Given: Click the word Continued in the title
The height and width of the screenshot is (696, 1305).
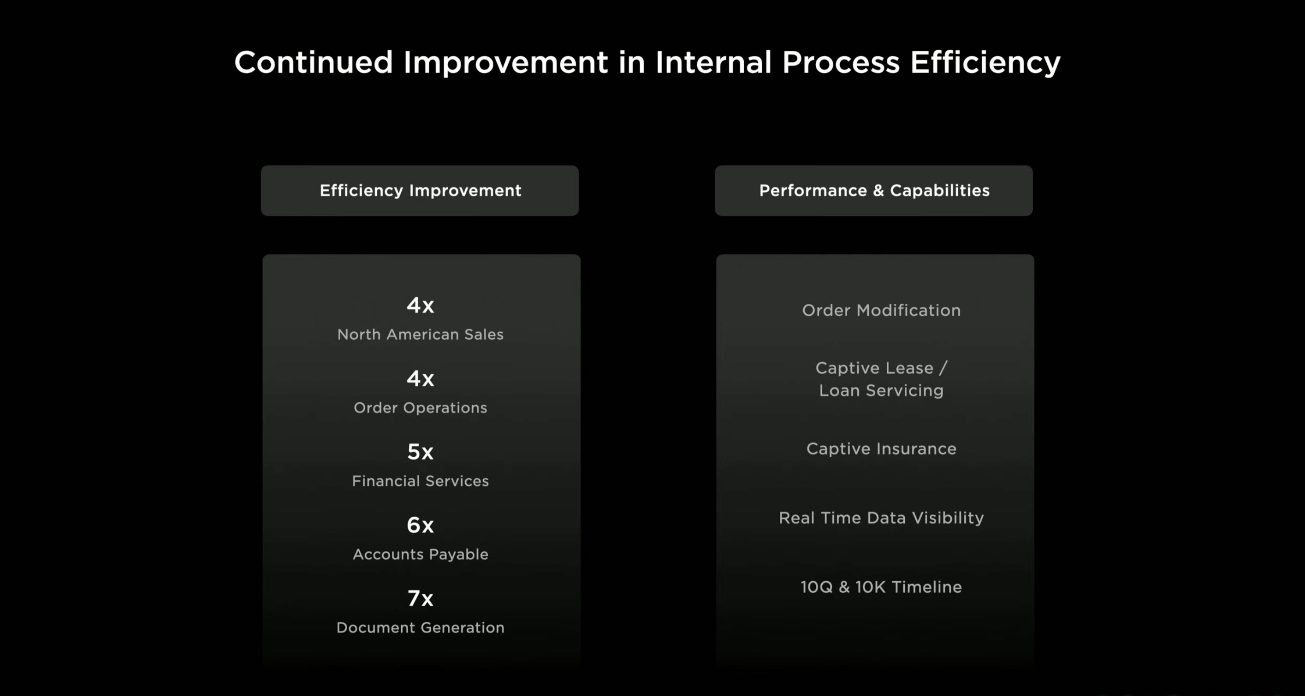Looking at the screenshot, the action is (314, 62).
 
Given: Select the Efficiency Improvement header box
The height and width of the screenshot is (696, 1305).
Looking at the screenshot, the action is (420, 190).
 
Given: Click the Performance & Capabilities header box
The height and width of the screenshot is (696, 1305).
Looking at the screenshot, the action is (874, 190).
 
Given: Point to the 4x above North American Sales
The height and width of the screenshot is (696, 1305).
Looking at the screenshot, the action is (421, 305).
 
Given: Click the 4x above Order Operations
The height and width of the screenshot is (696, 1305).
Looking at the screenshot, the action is (421, 378).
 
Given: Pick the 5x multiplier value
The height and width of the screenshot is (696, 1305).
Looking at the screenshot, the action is (421, 451).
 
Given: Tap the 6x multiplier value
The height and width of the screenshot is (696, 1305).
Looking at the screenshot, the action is (421, 525).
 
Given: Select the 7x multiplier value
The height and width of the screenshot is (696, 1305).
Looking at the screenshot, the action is (421, 598).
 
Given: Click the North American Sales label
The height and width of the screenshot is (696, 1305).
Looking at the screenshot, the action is (421, 334).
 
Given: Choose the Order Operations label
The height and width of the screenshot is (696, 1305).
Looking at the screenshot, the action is (421, 408).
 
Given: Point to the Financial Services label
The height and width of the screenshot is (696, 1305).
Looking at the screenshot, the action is (421, 481).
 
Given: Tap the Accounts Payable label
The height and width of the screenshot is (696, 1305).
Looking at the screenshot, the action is (421, 554).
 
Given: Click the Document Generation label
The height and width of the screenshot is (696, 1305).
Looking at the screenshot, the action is (421, 628).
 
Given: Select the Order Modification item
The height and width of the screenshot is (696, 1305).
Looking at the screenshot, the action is (882, 310).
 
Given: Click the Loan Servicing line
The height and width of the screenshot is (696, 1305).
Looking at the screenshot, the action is (882, 390).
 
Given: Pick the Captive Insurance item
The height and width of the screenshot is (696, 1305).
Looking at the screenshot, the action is (882, 449).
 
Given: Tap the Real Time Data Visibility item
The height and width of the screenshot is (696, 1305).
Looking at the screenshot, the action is (882, 518).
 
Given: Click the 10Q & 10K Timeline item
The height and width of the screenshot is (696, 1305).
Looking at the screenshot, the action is (882, 587).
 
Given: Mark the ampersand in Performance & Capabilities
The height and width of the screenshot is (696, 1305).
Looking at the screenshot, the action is (878, 190).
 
